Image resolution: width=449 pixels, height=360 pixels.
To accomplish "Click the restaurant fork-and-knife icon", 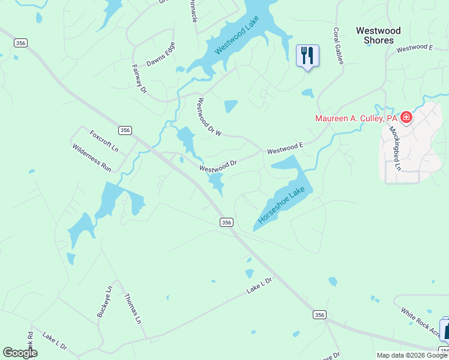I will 307,56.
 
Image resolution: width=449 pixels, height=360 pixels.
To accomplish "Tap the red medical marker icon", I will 406,118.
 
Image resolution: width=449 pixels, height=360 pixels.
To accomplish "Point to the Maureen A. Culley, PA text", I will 357,118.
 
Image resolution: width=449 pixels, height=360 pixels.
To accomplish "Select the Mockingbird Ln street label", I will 394,146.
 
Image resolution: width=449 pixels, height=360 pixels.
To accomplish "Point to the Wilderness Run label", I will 92,158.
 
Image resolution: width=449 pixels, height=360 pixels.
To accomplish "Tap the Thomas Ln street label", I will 132,308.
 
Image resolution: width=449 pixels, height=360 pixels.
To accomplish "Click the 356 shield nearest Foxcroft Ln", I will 125,130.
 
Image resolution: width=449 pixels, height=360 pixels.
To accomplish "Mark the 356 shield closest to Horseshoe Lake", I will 226,222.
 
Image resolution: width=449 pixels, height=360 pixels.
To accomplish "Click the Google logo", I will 20,353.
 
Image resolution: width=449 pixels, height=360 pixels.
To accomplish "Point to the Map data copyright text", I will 412,355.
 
